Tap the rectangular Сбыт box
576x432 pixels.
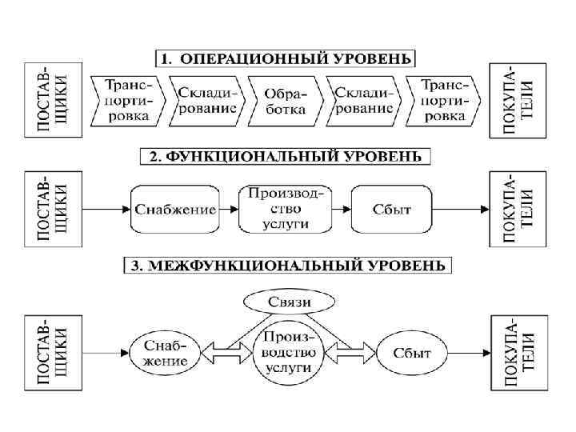coord(392,210)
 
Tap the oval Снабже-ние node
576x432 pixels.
coord(166,353)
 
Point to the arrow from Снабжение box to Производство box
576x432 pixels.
coord(229,210)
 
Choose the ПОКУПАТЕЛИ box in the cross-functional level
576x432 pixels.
coord(518,352)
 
